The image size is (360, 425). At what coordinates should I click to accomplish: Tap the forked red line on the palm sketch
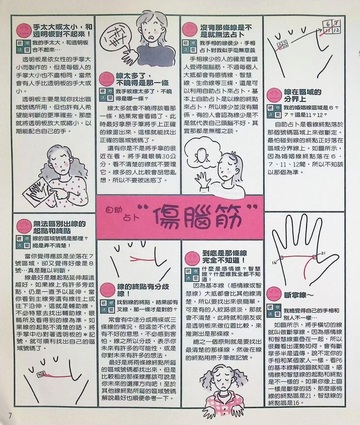click(x=142, y=259)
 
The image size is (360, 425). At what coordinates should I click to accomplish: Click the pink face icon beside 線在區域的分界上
click(x=274, y=95)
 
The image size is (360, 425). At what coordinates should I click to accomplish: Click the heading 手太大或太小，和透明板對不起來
click(x=63, y=30)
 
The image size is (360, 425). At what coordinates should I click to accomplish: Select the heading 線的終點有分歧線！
click(x=143, y=290)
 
